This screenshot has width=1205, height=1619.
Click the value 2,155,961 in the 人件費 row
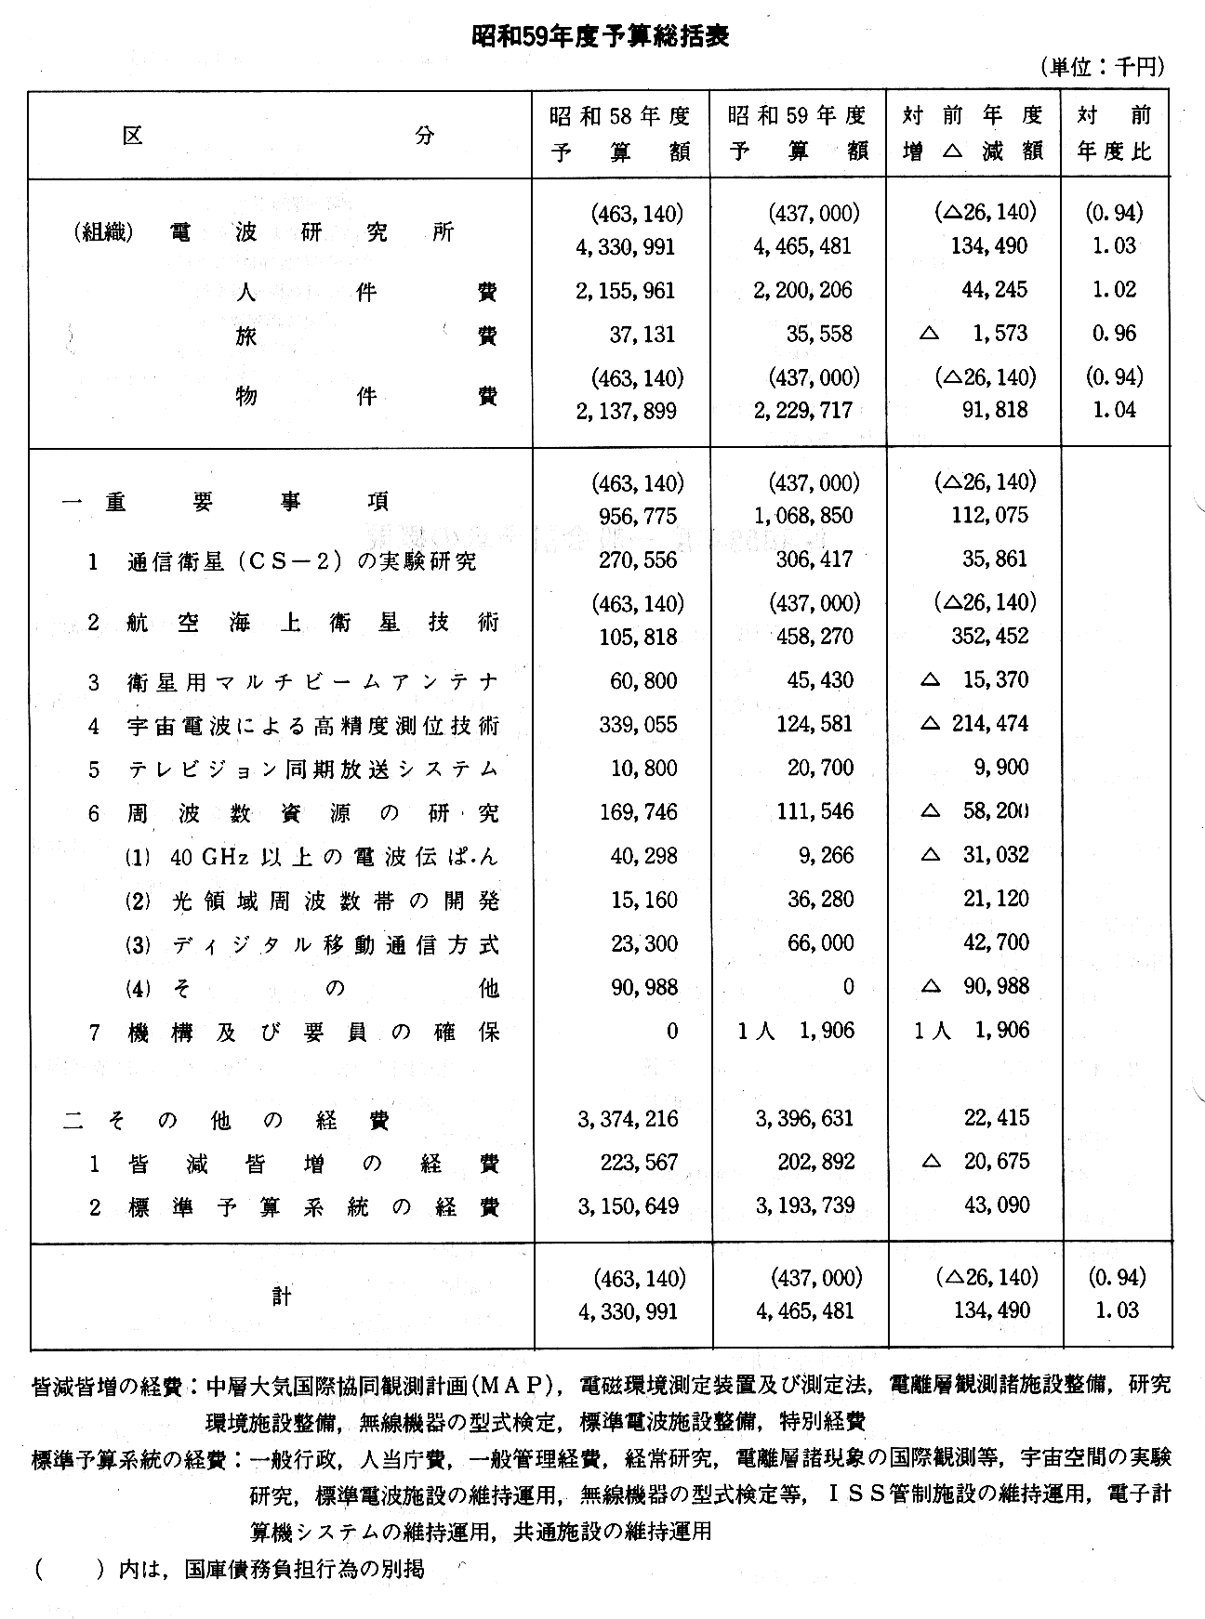[x=626, y=291]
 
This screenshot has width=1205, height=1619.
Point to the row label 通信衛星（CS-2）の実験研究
[x=302, y=561]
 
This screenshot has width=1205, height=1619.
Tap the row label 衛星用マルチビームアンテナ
[x=312, y=682]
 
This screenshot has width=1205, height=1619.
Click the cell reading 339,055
[x=639, y=725]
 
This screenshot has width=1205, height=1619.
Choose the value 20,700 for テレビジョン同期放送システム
[x=819, y=769]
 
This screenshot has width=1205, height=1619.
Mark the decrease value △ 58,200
[x=974, y=811]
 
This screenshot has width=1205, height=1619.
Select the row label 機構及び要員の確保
[x=313, y=1032]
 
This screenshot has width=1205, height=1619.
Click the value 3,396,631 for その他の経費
[x=804, y=1119]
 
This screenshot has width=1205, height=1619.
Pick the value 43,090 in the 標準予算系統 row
[x=997, y=1206]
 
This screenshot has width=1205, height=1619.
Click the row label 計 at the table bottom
[x=282, y=1296]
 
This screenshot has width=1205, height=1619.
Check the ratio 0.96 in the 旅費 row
[x=1114, y=335]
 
